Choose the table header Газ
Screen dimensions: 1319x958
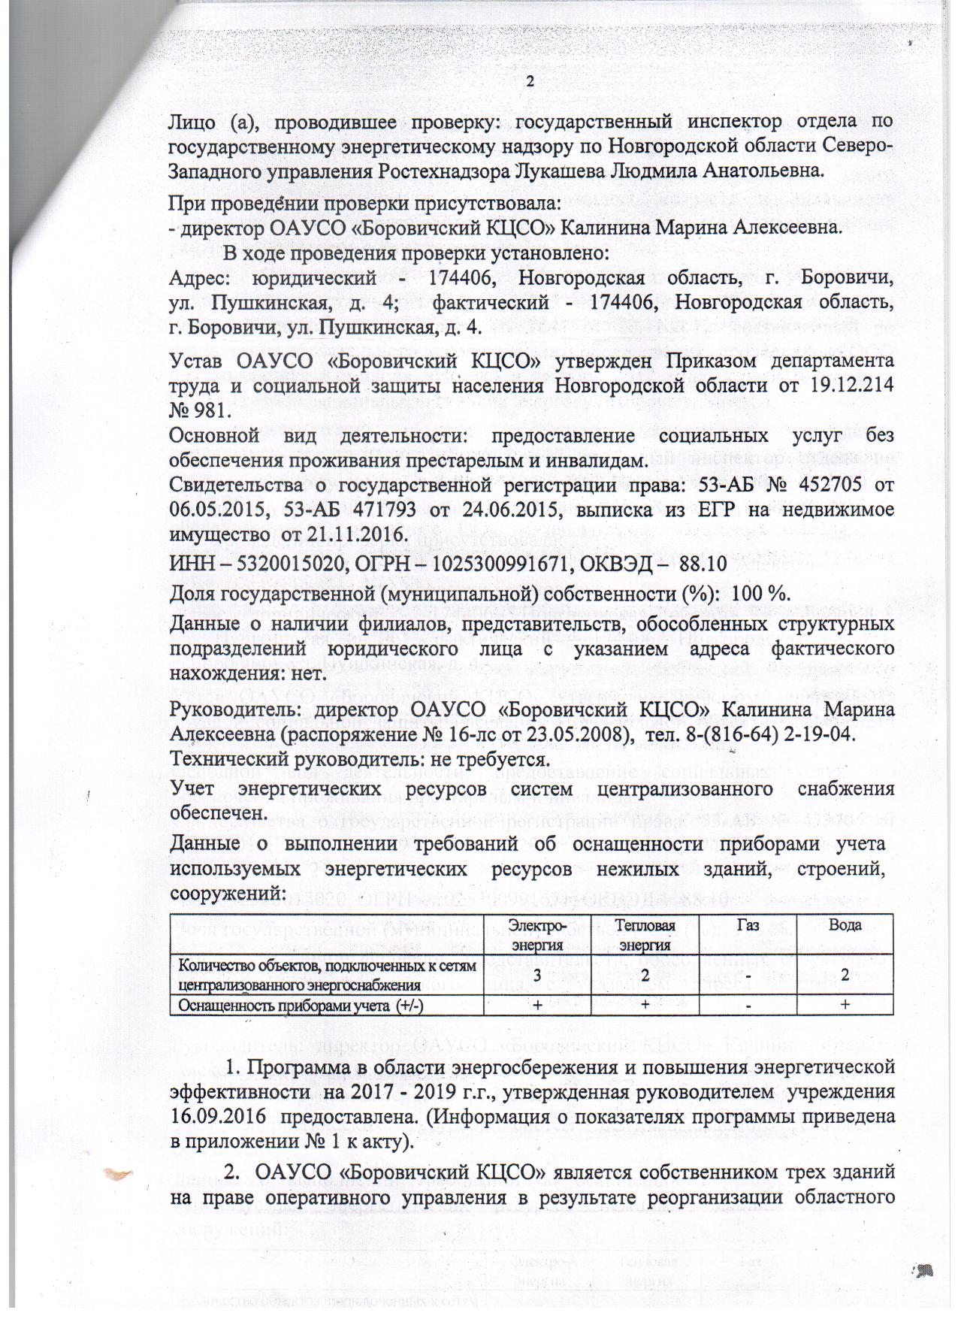click(748, 925)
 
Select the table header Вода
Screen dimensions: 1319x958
click(845, 925)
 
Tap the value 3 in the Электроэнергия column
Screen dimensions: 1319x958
click(537, 975)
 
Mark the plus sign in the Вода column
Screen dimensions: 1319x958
click(845, 1006)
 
